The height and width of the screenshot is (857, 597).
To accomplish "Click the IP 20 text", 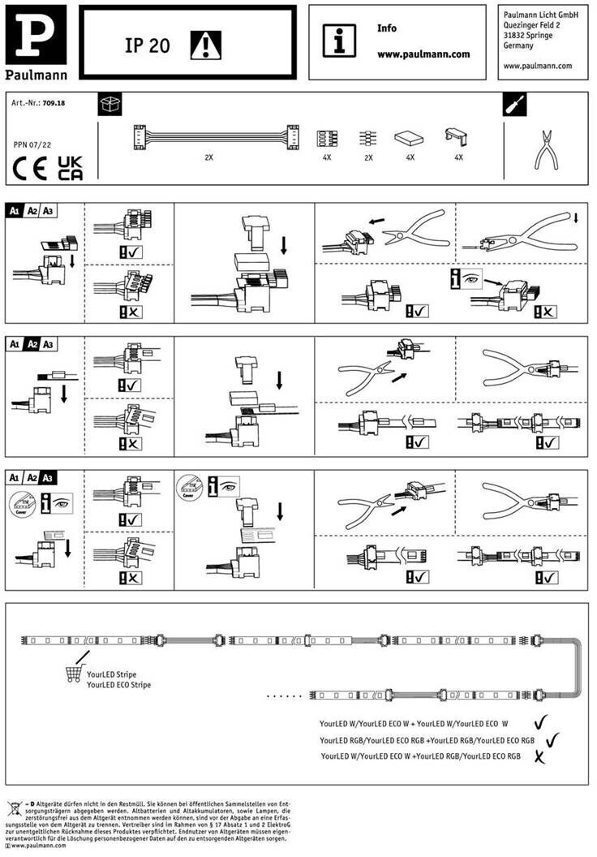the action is coord(147,46).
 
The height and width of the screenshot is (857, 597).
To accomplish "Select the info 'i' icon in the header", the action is coord(339,40).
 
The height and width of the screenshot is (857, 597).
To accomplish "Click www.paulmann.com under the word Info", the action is coord(423,54).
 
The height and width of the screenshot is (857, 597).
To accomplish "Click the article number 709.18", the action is coord(54,105).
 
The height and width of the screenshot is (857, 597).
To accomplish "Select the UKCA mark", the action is coord(70,166).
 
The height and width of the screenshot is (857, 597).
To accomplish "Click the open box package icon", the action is coord(110,105).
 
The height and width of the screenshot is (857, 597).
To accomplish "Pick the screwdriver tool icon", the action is coord(515,105).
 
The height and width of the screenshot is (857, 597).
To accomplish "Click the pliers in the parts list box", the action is coord(546,149).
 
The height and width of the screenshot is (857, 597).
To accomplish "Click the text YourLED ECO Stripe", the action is coord(118,685).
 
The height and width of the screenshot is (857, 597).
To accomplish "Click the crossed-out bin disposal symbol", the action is coord(15,808).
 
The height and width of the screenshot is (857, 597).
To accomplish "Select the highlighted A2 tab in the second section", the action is coord(32,344).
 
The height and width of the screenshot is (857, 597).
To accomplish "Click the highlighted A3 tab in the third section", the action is coord(49,477).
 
